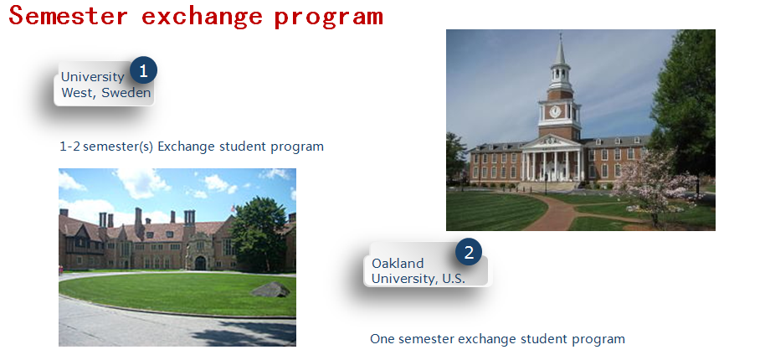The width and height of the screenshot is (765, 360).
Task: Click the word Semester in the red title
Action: tap(69, 16)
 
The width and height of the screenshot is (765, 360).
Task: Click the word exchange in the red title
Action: tap(202, 16)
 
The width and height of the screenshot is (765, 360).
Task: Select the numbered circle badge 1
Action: tap(143, 70)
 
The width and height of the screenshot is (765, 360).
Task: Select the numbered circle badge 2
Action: tap(469, 252)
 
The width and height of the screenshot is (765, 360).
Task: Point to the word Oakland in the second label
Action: tap(398, 264)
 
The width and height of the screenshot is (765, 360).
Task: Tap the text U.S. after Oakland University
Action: tap(454, 279)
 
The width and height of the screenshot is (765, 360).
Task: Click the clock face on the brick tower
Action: tap(555, 111)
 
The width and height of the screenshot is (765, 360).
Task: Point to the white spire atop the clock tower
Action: tap(561, 49)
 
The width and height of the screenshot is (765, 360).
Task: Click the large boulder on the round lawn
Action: tap(270, 290)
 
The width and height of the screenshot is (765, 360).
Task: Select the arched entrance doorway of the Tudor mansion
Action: tap(201, 263)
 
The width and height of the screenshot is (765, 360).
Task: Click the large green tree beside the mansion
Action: tap(259, 234)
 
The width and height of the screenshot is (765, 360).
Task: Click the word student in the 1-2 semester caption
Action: tap(243, 147)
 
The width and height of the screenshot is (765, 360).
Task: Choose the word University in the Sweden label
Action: tap(93, 77)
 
